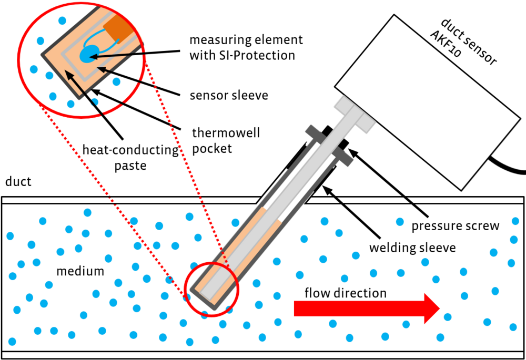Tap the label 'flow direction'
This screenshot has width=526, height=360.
(x=346, y=293)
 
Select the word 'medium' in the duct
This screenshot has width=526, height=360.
(x=80, y=272)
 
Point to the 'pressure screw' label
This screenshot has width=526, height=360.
(x=455, y=227)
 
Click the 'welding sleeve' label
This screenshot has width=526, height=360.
(x=412, y=248)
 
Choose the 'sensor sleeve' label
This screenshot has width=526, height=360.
(x=229, y=96)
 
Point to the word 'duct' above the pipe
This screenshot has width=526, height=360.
(x=18, y=182)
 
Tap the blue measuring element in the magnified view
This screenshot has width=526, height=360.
(x=88, y=53)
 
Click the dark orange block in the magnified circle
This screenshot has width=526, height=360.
(x=117, y=29)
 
